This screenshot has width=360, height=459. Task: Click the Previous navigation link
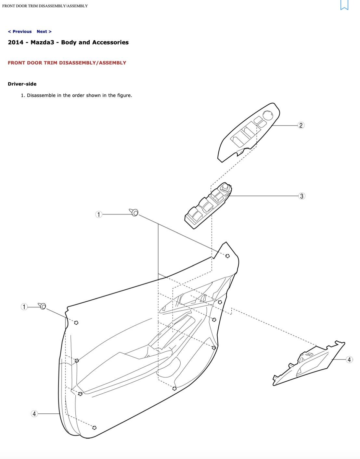point(20,32)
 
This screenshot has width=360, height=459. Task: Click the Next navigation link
point(44,32)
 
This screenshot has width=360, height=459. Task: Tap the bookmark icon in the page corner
point(344,5)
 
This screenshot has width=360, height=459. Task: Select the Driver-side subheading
point(22,84)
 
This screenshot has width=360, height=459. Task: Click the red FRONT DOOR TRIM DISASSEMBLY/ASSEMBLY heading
point(67,63)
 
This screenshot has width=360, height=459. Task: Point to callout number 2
point(301,125)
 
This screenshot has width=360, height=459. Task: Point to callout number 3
point(302,196)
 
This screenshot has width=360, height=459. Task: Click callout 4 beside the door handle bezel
point(349,360)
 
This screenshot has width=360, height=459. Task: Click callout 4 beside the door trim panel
point(34,414)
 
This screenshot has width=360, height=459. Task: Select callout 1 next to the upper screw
point(98,214)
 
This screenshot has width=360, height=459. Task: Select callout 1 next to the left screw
point(24,307)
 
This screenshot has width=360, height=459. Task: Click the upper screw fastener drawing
point(134,212)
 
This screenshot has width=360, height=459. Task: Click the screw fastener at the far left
point(43,306)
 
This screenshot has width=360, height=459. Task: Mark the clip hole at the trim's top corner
point(227,256)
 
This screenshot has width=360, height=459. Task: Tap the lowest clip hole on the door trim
point(95,427)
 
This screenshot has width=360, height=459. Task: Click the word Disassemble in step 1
point(41,95)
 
